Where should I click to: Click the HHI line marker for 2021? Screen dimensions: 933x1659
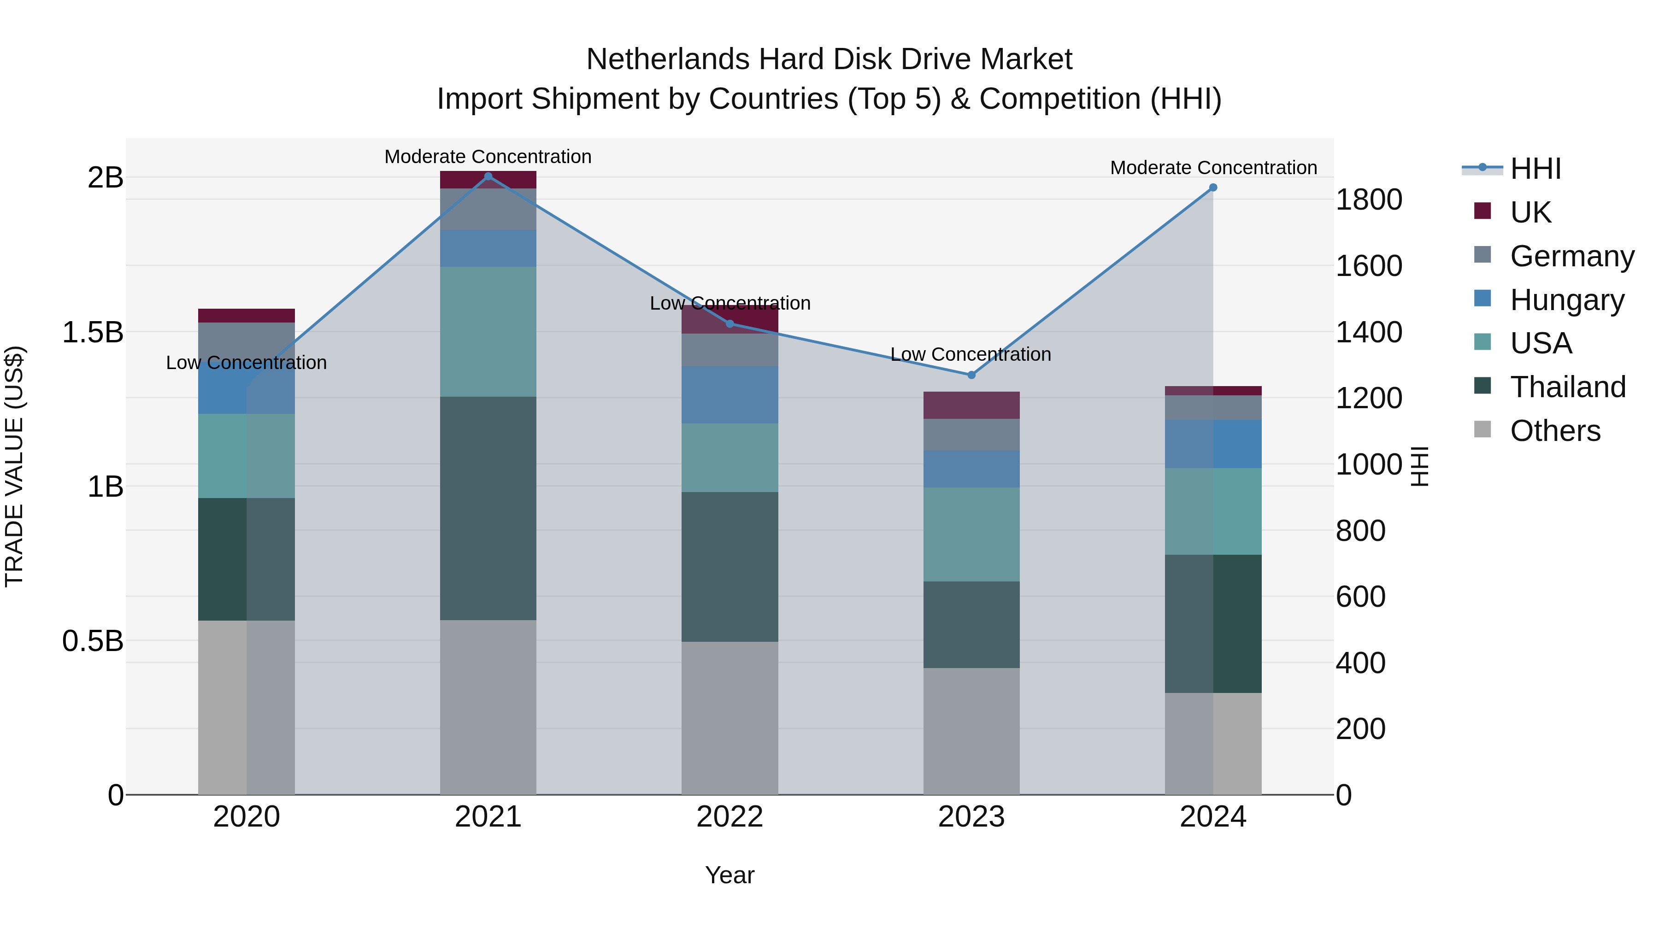coord(488,176)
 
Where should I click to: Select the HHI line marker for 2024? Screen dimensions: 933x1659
coord(1213,188)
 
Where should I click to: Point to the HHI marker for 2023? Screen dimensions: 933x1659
coord(971,375)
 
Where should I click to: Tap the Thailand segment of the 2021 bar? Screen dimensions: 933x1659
coord(488,508)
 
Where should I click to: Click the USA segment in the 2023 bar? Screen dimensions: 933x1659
coord(971,534)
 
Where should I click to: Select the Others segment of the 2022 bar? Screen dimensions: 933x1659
coord(729,717)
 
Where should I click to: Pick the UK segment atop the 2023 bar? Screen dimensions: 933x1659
coord(971,405)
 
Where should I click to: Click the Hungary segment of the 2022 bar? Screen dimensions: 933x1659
coord(729,395)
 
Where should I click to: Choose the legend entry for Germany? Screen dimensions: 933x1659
coord(1571,256)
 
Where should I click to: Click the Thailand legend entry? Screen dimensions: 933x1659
coord(1568,387)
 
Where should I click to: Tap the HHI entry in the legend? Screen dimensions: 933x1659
coord(1535,169)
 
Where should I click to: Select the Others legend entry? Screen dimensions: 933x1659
coord(1555,431)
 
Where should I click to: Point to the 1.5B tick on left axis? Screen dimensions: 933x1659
coord(93,332)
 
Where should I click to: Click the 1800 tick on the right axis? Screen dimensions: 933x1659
coord(1369,200)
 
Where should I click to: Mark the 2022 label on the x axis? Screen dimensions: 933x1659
coord(729,816)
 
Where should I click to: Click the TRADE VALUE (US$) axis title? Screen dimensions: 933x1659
coord(14,466)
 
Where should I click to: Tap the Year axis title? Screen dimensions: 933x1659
coord(729,875)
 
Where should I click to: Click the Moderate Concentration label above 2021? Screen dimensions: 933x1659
coord(488,157)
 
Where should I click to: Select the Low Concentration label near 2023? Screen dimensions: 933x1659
coord(971,354)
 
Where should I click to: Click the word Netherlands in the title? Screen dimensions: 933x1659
coord(667,59)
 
